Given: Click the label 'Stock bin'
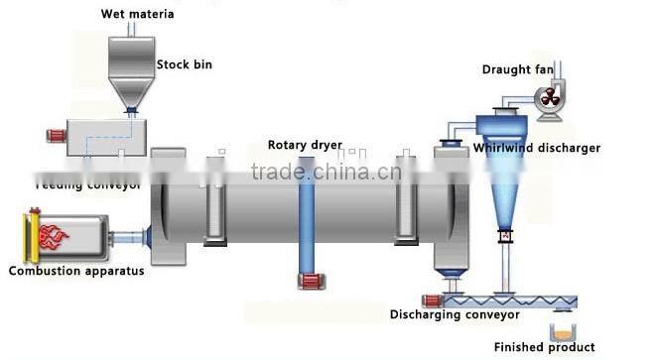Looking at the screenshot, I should [184, 65].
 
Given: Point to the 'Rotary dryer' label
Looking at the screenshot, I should [305, 145].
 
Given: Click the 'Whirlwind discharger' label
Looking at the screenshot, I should [536, 148].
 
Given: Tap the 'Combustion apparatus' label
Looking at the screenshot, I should [76, 271].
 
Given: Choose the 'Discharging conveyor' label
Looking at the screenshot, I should [455, 315].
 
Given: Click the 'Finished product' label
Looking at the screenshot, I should [545, 347].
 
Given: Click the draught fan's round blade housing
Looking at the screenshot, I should [549, 97].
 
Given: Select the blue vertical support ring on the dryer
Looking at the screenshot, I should [306, 218].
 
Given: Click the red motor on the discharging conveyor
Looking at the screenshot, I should [430, 300].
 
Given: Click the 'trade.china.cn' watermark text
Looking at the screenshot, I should [326, 173].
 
